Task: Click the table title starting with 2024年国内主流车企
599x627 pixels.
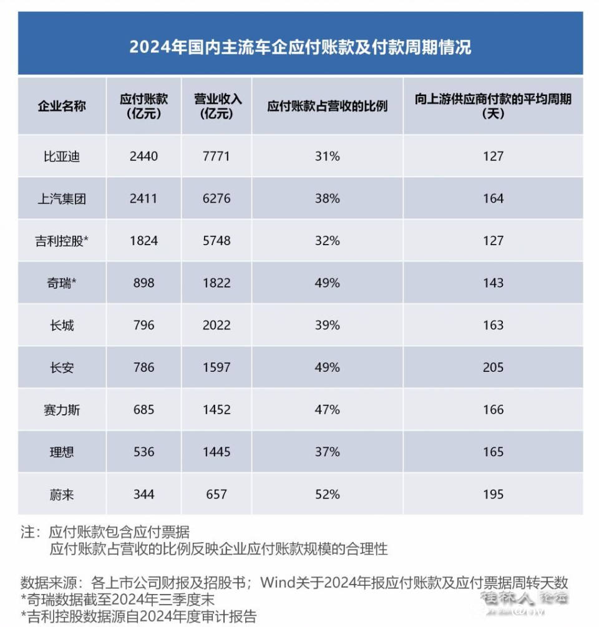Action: (300, 47)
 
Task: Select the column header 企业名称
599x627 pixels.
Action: (62, 105)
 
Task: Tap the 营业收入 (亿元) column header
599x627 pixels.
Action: (217, 106)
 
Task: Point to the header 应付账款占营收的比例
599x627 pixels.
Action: (328, 105)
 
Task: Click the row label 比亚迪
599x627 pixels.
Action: (62, 156)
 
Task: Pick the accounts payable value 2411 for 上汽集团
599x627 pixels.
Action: (144, 198)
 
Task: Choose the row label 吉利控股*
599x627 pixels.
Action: (62, 241)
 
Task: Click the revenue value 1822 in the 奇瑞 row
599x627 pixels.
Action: (217, 283)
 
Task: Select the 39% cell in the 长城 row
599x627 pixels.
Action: (328, 325)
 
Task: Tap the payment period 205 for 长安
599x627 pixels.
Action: (493, 367)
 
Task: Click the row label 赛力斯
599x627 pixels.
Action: (62, 410)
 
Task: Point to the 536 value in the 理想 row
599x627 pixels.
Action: (144, 452)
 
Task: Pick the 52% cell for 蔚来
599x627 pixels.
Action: (328, 494)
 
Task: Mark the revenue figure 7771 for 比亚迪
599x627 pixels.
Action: (217, 156)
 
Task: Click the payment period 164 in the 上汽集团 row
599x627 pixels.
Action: (493, 198)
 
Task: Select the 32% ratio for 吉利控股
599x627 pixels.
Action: (328, 241)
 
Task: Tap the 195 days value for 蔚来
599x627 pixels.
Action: (493, 494)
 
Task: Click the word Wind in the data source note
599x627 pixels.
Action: (276, 583)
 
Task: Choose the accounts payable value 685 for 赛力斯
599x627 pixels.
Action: (144, 410)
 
